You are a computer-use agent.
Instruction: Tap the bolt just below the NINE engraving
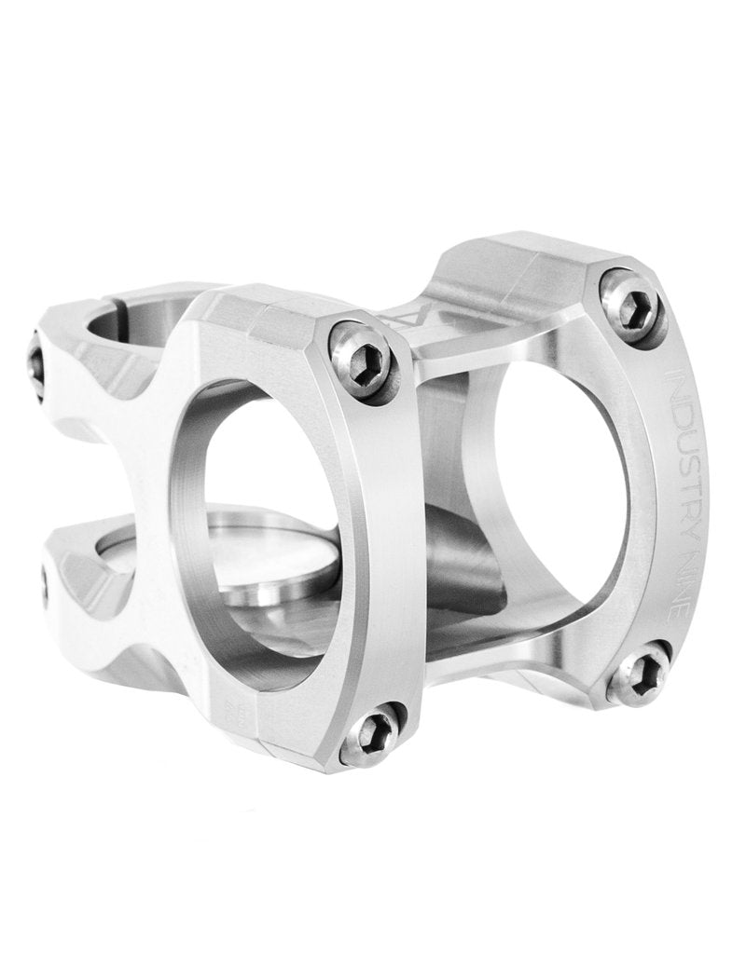[x=643, y=669]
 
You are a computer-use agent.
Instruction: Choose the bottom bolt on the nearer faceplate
[x=372, y=733]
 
